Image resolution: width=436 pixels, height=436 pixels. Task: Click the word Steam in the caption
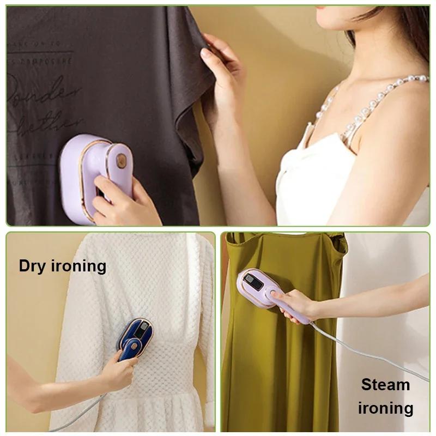[x=385, y=385]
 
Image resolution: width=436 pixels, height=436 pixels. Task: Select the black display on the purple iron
[x=254, y=282]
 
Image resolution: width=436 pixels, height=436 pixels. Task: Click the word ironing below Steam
[x=385, y=408]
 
